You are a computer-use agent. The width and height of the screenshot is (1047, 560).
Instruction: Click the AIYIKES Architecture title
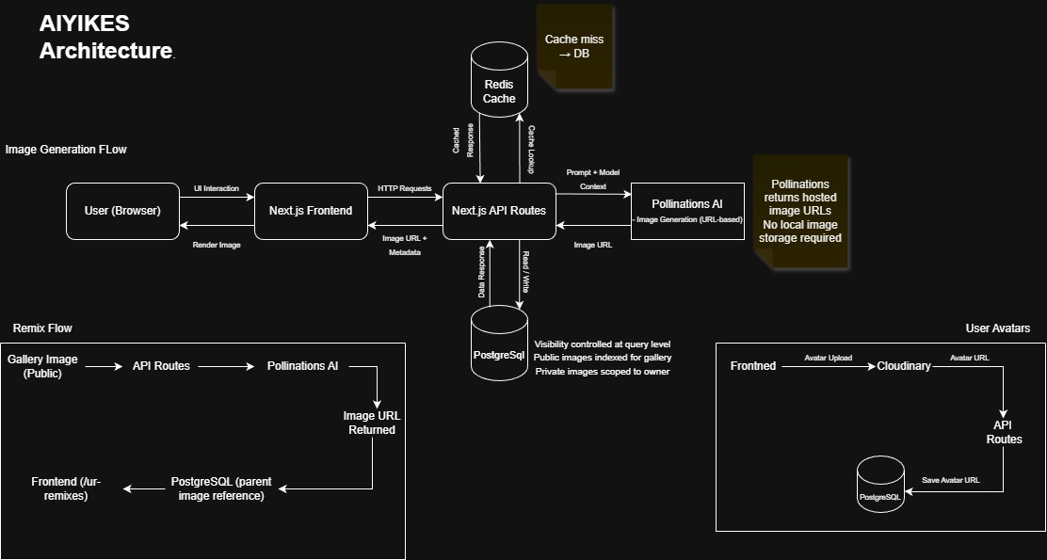pyautogui.click(x=105, y=38)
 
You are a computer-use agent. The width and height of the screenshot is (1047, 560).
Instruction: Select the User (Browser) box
pyautogui.click(x=122, y=211)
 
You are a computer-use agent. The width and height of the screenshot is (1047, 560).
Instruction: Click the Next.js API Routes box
pyautogui.click(x=498, y=211)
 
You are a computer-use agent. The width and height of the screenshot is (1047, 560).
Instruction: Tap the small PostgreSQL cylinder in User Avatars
pyautogui.click(x=880, y=486)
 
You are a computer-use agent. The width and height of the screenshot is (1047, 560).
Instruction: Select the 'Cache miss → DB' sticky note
pyautogui.click(x=574, y=47)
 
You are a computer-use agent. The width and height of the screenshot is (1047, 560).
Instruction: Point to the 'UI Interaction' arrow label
pyautogui.click(x=217, y=188)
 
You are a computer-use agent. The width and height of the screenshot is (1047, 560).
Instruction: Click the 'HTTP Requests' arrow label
pyautogui.click(x=404, y=188)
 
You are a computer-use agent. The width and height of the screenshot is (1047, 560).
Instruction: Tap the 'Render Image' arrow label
pyautogui.click(x=217, y=244)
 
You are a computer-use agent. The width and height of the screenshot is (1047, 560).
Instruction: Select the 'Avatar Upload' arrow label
pyautogui.click(x=829, y=358)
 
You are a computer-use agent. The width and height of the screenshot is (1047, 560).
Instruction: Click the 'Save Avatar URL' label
pyautogui.click(x=950, y=480)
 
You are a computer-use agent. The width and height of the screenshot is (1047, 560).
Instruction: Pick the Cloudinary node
pyautogui.click(x=903, y=365)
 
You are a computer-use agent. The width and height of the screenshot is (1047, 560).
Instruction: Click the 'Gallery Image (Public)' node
pyautogui.click(x=42, y=366)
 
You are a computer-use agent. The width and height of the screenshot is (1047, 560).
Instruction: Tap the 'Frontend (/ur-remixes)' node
pyautogui.click(x=66, y=488)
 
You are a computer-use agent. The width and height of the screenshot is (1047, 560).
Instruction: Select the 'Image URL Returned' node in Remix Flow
pyautogui.click(x=369, y=423)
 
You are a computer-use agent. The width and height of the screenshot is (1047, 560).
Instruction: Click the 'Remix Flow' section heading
pyautogui.click(x=42, y=328)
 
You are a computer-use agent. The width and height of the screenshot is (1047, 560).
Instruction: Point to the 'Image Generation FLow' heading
pyautogui.click(x=66, y=150)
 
